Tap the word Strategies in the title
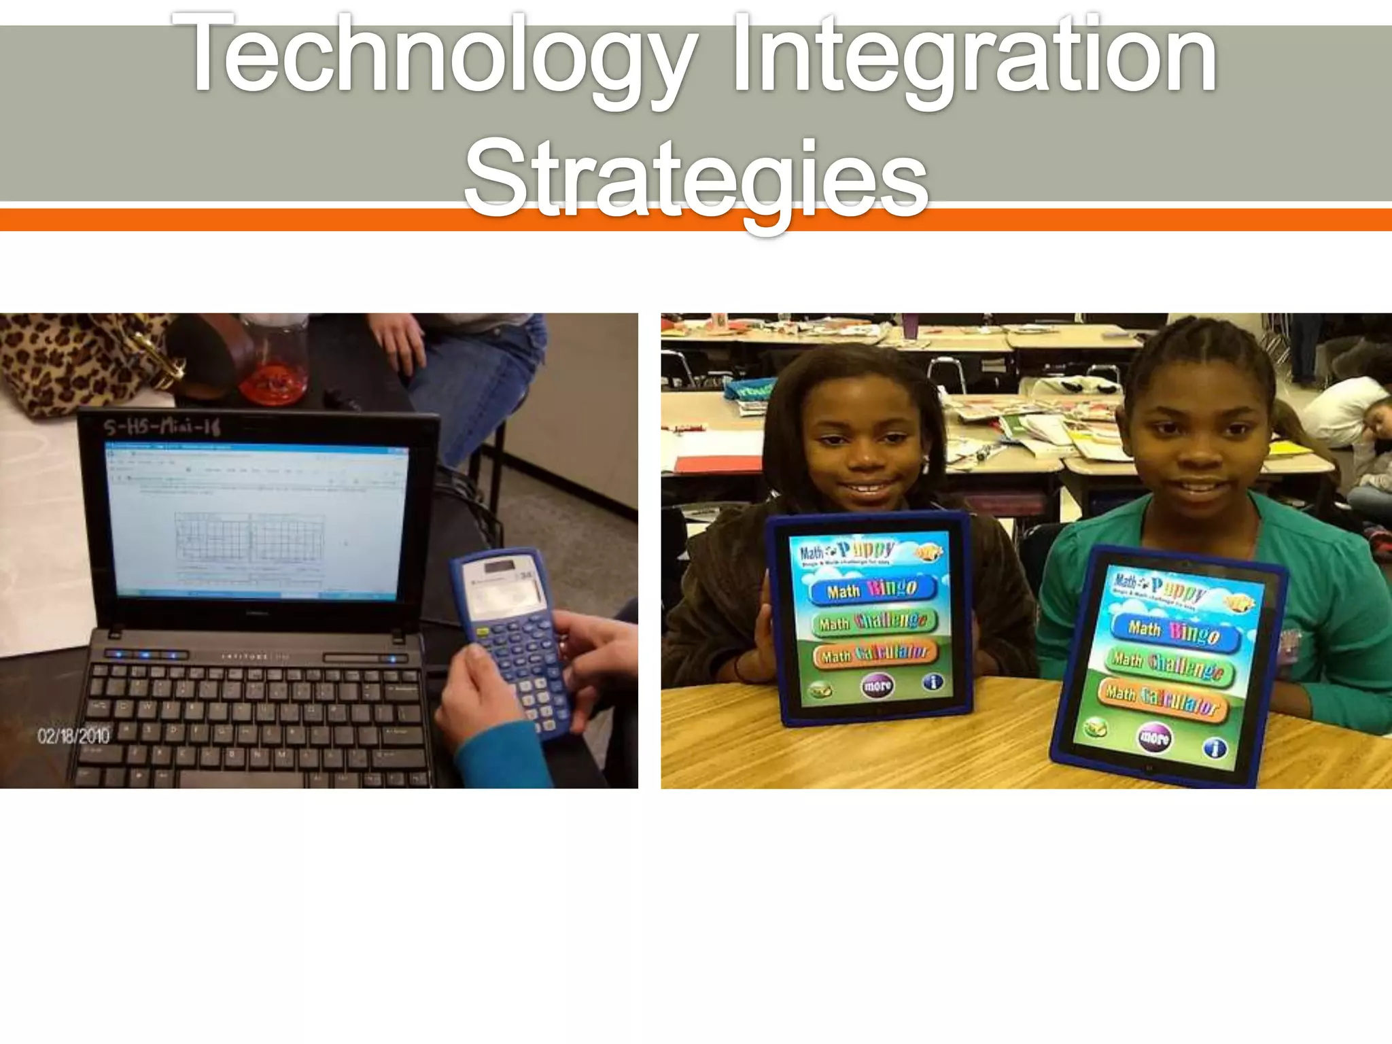point(696,178)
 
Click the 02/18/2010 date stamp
point(73,735)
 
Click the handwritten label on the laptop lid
point(162,428)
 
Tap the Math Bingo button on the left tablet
point(872,589)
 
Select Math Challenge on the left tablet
point(873,621)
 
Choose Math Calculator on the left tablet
point(874,654)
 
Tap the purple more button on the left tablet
point(877,686)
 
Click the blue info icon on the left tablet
point(933,682)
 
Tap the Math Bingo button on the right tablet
point(1174,631)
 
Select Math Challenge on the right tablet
point(1169,665)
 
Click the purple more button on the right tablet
point(1154,737)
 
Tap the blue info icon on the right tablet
point(1215,748)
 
